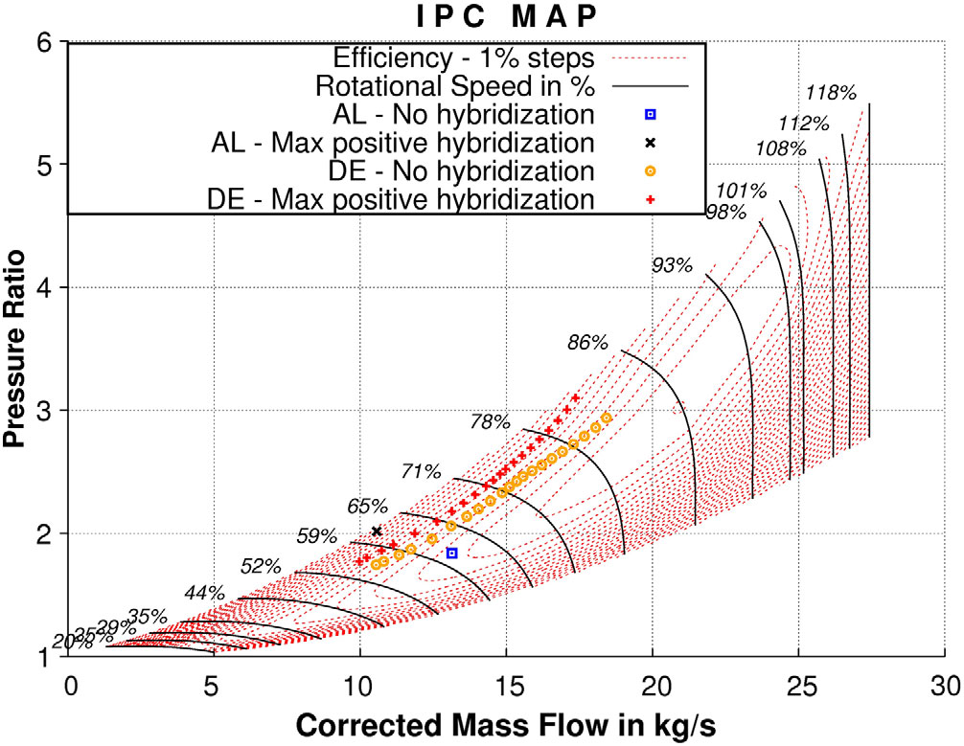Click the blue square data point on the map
click(x=452, y=554)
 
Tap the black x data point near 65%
click(x=377, y=531)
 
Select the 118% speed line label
click(x=831, y=93)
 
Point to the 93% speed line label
click(x=672, y=265)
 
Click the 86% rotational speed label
click(x=587, y=342)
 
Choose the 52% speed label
click(x=261, y=566)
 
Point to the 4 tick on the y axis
click(x=48, y=287)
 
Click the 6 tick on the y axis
click(x=48, y=42)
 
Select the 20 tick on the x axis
click(x=653, y=685)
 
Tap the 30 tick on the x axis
click(x=945, y=685)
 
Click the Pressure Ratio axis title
click(x=15, y=350)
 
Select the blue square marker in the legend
click(x=650, y=115)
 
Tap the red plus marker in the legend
click(x=650, y=200)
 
